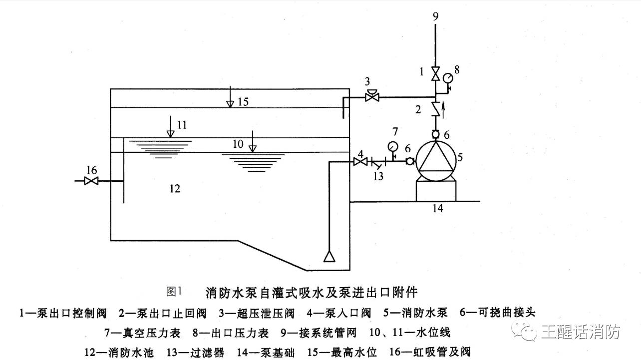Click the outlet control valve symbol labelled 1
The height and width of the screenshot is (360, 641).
pyautogui.click(x=435, y=75)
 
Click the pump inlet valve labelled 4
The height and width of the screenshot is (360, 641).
pyautogui.click(x=359, y=161)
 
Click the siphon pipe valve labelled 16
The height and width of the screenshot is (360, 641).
pyautogui.click(x=91, y=181)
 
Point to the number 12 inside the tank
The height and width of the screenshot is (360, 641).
pyautogui.click(x=174, y=189)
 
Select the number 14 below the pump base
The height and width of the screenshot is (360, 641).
pyautogui.click(x=437, y=208)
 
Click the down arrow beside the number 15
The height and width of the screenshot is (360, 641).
pyautogui.click(x=230, y=97)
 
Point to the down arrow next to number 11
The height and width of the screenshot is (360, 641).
pyautogui.click(x=171, y=127)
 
